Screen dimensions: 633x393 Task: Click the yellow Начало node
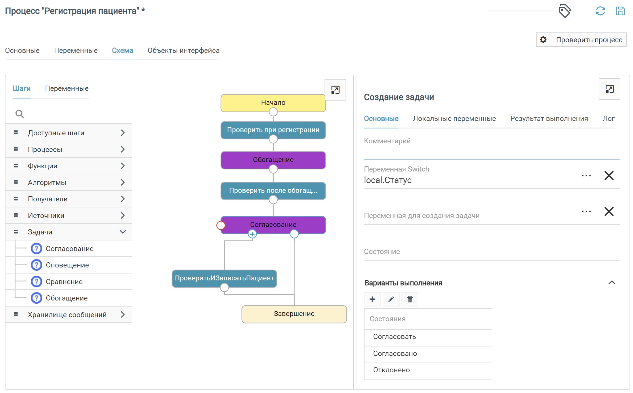pos(273,103)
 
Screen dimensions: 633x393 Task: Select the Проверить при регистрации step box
pos(273,130)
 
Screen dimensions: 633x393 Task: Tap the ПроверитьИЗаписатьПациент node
pos(224,278)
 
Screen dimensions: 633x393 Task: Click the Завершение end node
pos(294,314)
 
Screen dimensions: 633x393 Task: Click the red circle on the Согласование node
pos(221,225)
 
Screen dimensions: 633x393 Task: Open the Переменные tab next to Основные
pos(76,51)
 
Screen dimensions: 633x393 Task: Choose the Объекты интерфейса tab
pos(184,51)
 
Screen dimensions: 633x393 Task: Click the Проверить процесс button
pos(581,40)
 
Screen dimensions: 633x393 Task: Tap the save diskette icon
pos(620,11)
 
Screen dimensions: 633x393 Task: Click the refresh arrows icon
pos(600,11)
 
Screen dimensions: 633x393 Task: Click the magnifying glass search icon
pos(20,114)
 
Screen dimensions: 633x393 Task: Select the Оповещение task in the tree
pos(67,265)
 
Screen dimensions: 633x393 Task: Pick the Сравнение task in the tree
pos(64,282)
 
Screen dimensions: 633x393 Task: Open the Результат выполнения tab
pos(549,119)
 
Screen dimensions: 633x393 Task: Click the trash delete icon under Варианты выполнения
pos(410,299)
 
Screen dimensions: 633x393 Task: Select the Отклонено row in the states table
pos(428,370)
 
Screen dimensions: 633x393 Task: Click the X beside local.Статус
pos(609,176)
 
